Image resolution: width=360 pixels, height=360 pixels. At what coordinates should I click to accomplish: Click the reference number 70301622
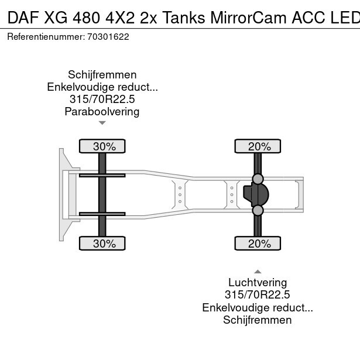point(108,37)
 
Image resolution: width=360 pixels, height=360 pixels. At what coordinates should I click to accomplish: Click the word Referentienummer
point(46,37)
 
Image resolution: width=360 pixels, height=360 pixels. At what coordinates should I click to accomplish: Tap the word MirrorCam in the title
point(248,18)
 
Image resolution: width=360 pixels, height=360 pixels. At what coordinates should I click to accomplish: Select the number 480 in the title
point(86,18)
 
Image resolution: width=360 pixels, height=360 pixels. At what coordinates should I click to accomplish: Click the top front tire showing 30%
point(102,146)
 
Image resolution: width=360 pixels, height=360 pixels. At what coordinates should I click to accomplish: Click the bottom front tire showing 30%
point(102,244)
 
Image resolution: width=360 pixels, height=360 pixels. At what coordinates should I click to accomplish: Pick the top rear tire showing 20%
point(258,146)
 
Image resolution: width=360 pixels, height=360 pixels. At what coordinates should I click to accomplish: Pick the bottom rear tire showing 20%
point(258,244)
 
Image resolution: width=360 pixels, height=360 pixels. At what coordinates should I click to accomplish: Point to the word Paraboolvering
point(102,112)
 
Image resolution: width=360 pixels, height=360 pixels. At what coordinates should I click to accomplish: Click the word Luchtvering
point(258,283)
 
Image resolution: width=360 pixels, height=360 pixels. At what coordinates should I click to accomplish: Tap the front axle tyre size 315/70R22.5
point(102,99)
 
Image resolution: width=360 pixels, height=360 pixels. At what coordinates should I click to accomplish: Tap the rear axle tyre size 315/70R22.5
point(258,295)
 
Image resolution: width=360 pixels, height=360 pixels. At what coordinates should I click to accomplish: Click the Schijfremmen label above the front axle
point(102,74)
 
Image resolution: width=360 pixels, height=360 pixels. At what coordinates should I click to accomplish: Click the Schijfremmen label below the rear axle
point(258,320)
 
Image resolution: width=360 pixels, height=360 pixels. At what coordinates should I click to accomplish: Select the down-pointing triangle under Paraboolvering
point(102,123)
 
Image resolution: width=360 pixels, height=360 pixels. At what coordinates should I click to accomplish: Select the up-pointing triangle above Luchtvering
point(258,272)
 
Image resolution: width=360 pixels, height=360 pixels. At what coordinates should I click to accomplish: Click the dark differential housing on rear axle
point(256,195)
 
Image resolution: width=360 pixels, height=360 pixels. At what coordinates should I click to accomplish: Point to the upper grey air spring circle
point(258,179)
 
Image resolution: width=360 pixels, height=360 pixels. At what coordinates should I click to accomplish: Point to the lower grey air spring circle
point(258,210)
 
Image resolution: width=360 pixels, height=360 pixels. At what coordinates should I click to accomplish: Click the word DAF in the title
point(22,18)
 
